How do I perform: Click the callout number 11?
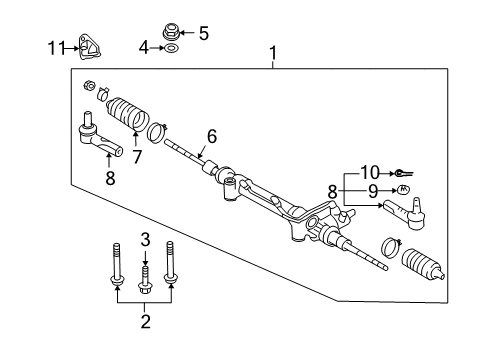[56, 48]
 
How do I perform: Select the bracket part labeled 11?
[90, 47]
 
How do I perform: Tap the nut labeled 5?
[171, 31]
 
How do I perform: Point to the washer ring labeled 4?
[171, 48]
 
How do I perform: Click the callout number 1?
[273, 53]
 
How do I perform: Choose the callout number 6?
[212, 137]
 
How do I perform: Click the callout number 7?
[137, 157]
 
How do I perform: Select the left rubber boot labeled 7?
[128, 113]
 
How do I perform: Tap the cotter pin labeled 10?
[403, 173]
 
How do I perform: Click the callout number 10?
[370, 173]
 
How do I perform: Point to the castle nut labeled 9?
[404, 190]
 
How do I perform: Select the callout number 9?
[373, 191]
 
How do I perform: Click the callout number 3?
[145, 240]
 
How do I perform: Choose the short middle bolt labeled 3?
[144, 279]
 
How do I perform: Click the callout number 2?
[145, 322]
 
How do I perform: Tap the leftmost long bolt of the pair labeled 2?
[116, 264]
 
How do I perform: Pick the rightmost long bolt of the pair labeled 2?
[170, 263]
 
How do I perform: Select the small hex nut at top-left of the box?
[89, 86]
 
